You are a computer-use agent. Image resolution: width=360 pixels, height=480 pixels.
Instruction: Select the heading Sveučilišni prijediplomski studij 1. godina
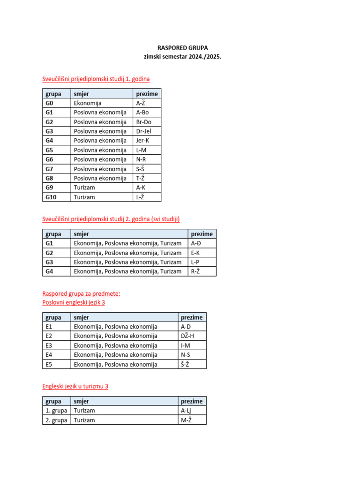(x=96, y=79)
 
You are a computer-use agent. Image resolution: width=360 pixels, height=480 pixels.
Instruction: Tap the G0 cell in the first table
(x=50, y=103)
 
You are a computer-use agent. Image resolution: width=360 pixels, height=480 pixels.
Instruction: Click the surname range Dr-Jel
(x=143, y=131)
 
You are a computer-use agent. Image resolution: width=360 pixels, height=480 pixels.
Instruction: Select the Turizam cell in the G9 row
(x=84, y=187)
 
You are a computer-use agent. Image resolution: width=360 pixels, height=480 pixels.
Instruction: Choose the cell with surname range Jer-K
(x=142, y=141)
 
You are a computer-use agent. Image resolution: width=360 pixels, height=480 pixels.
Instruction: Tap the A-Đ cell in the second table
(x=196, y=243)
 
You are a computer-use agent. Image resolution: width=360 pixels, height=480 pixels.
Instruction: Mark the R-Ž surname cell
(x=195, y=271)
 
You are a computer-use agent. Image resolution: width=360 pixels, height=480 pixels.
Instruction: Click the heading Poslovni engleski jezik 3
(x=74, y=302)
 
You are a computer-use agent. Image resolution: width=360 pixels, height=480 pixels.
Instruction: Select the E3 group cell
(x=49, y=345)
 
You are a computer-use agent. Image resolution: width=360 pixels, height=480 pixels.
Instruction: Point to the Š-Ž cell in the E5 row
(x=186, y=364)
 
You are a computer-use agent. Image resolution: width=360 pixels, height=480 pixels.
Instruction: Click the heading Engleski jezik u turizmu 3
(x=75, y=386)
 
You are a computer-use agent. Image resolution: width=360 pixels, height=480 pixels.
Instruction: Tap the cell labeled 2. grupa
(x=56, y=420)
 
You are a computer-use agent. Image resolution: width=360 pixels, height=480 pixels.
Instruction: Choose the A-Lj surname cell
(x=186, y=411)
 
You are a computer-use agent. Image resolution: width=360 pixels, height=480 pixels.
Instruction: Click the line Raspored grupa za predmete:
(x=81, y=293)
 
